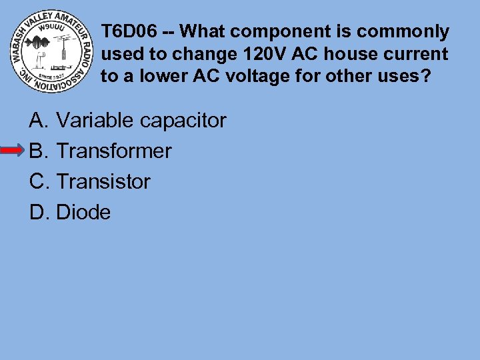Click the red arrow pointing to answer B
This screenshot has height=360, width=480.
pyautogui.click(x=13, y=151)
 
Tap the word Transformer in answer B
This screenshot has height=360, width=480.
pyautogui.click(x=114, y=151)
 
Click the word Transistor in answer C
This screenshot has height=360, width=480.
pyautogui.click(x=103, y=181)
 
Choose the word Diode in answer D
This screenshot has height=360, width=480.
pyautogui.click(x=83, y=213)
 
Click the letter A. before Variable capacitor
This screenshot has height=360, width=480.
pyautogui.click(x=39, y=121)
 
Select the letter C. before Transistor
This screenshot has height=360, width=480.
pyautogui.click(x=39, y=181)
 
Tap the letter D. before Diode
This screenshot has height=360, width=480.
pyautogui.click(x=39, y=213)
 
